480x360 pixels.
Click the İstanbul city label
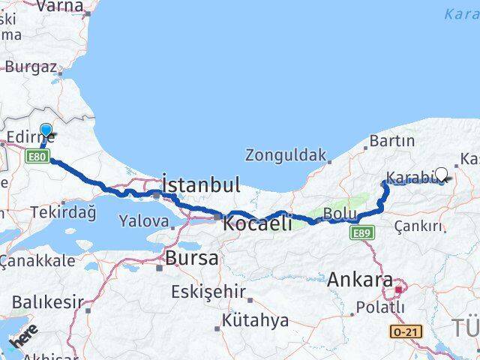[x=201, y=185]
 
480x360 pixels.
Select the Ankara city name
[x=360, y=280]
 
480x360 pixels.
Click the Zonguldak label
[x=286, y=156]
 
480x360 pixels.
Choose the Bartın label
[x=391, y=141]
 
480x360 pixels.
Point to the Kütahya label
[x=255, y=321]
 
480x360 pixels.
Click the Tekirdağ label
[x=63, y=212]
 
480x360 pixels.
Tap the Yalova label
[x=144, y=221]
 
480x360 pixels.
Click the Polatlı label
[x=379, y=307]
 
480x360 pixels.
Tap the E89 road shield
[x=361, y=233]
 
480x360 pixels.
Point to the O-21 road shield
[x=406, y=331]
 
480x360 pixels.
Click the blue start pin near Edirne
[x=46, y=131]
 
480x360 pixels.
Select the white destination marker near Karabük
[x=441, y=175]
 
